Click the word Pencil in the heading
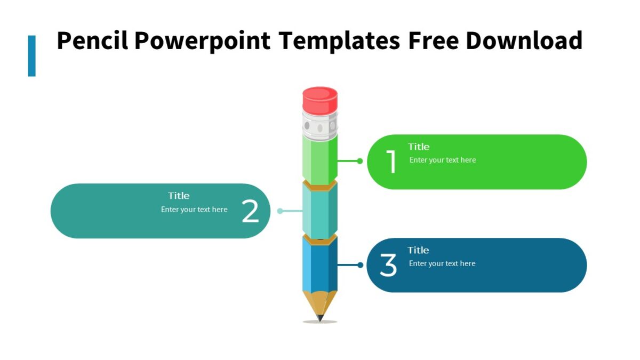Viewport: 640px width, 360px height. tap(92, 41)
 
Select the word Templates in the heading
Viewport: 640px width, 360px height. tap(339, 41)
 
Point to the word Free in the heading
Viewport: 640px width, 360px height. tap(433, 41)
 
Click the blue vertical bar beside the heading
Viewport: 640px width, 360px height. tap(32, 56)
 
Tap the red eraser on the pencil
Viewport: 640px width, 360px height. tap(320, 100)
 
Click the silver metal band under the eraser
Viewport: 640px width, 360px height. tap(320, 126)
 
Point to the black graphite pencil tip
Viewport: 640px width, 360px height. tap(320, 318)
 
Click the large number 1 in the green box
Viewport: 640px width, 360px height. tap(392, 162)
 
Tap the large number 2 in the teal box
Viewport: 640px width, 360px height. tap(250, 212)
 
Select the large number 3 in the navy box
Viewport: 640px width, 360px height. tap(388, 265)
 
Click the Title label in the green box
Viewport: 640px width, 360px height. tap(419, 147)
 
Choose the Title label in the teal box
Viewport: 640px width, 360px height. tap(179, 196)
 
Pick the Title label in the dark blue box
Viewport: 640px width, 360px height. tap(418, 250)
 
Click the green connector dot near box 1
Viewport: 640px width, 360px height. tap(360, 161)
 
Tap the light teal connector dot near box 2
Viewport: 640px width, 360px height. tap(280, 211)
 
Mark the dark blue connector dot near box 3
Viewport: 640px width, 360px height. tap(361, 265)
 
